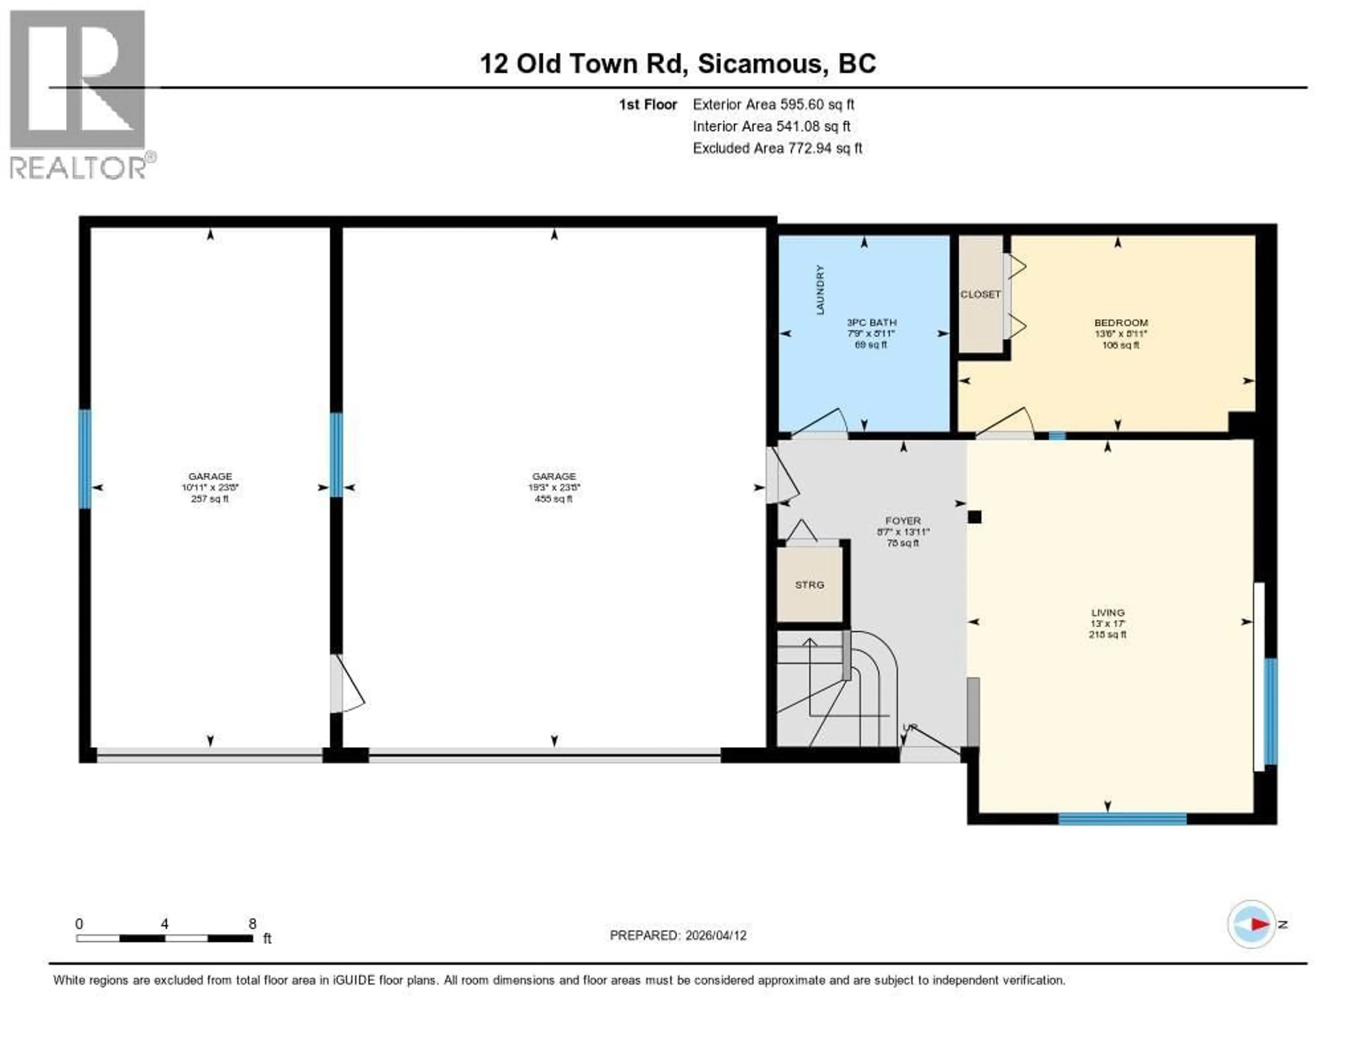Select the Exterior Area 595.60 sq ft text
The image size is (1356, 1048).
point(773,104)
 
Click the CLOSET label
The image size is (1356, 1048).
point(980,294)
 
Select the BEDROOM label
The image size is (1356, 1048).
point(1121,322)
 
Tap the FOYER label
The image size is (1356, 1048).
point(903,520)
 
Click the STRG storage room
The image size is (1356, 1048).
point(810,584)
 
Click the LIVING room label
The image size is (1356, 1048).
point(1108,613)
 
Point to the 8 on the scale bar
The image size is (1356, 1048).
point(252,924)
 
